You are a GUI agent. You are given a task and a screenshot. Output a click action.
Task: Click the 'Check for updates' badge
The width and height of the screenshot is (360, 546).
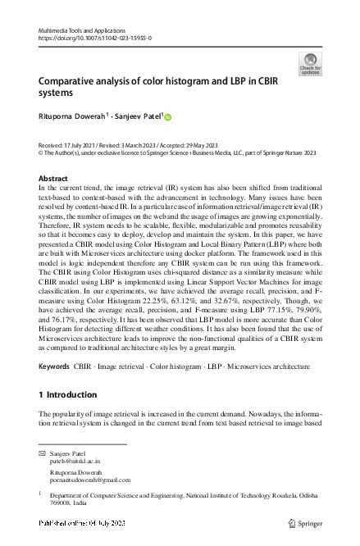[x=312, y=63]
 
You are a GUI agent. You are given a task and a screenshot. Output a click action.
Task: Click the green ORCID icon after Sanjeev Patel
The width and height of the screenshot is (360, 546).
[x=169, y=118]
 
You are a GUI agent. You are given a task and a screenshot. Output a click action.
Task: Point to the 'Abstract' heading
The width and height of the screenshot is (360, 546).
[x=53, y=178]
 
